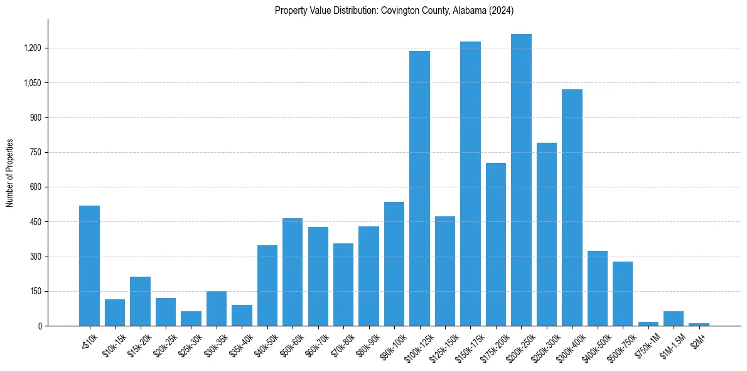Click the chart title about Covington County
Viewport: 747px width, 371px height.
coord(394,11)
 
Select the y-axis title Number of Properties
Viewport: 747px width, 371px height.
coord(10,173)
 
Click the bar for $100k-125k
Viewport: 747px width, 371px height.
coord(419,189)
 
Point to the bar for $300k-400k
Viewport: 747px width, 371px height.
coord(572,208)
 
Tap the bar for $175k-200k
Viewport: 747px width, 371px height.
coord(496,245)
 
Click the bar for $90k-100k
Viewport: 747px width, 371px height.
coord(394,264)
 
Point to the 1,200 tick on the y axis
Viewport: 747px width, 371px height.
coord(33,48)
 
